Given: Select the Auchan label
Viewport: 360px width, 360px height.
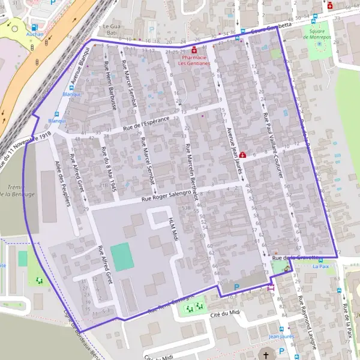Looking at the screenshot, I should point(34,35).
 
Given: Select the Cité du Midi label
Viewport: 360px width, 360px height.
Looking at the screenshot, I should point(225,314).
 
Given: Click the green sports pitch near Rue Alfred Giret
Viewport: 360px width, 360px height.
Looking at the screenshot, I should point(122,257).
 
